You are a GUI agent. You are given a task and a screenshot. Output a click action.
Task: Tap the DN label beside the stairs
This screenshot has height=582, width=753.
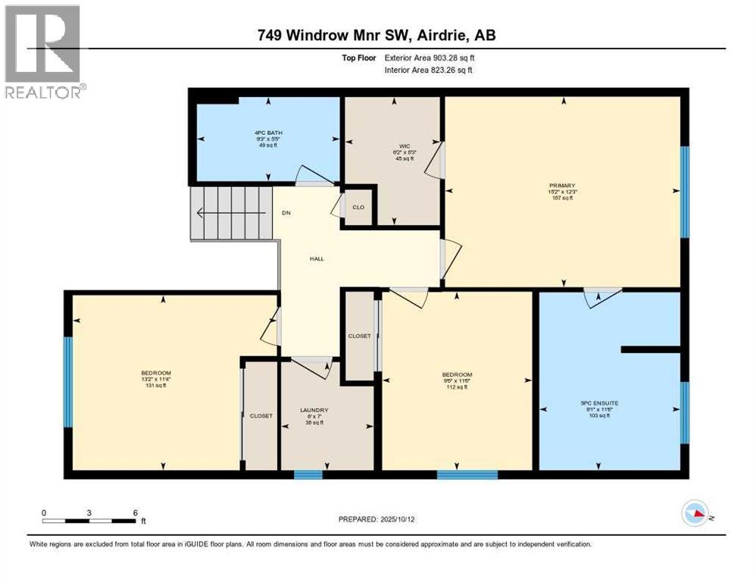pyautogui.click(x=286, y=213)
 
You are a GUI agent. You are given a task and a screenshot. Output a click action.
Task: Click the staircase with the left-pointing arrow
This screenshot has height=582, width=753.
pyautogui.click(x=230, y=213)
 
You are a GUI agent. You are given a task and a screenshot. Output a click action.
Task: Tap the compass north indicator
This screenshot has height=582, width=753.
pyautogui.click(x=695, y=515)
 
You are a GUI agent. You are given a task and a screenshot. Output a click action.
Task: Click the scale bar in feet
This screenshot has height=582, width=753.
pyautogui.click(x=90, y=521)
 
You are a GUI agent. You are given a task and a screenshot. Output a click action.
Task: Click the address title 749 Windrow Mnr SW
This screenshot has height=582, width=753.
pyautogui.click(x=376, y=35)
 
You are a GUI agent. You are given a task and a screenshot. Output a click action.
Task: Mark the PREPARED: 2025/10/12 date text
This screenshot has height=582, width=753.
pyautogui.click(x=376, y=519)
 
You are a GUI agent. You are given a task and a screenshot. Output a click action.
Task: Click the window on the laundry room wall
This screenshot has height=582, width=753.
pyautogui.click(x=308, y=475)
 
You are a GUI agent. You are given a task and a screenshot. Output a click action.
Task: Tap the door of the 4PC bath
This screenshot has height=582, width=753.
pyautogui.click(x=314, y=177)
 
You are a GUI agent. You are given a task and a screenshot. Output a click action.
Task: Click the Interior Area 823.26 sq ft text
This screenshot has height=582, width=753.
pyautogui.click(x=428, y=70)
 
